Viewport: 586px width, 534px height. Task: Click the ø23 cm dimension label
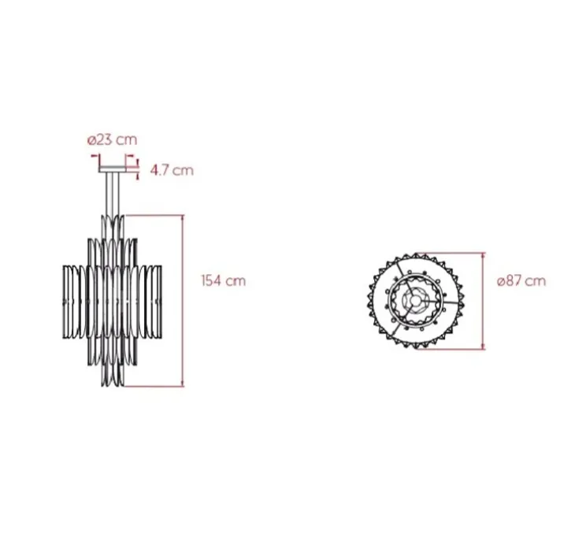click(112, 139)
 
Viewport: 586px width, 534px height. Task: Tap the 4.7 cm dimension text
click(172, 170)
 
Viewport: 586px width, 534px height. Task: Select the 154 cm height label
click(224, 280)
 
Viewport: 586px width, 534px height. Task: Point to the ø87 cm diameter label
click(521, 280)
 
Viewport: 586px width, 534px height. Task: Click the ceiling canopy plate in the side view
click(113, 169)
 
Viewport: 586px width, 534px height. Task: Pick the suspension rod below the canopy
click(113, 194)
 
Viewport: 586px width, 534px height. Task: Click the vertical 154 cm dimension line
click(183, 301)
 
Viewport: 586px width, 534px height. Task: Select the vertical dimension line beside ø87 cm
click(484, 301)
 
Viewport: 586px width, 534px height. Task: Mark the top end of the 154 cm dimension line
click(183, 216)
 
